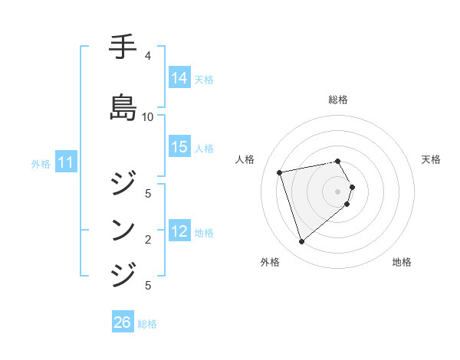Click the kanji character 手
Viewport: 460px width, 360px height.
tap(123, 47)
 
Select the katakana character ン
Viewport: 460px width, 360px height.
tap(123, 229)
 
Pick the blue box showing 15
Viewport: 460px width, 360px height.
tap(179, 147)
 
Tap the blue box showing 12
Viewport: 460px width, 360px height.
tap(179, 231)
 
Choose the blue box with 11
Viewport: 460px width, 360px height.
tap(66, 162)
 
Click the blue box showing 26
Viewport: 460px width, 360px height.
tap(123, 322)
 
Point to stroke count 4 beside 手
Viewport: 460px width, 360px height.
tap(147, 56)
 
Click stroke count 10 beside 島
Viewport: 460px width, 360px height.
tap(147, 117)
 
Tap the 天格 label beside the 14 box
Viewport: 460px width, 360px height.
tap(204, 79)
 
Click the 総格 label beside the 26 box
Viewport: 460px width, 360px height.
tap(147, 324)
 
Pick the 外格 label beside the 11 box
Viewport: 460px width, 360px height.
tap(41, 163)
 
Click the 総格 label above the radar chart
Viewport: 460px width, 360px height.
tap(338, 100)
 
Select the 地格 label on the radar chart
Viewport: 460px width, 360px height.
tap(402, 262)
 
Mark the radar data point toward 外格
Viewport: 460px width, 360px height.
tap(301, 242)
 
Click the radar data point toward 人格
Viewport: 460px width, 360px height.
tap(280, 172)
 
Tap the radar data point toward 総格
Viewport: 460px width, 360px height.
tap(338, 161)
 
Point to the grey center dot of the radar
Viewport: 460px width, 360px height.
tap(338, 191)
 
